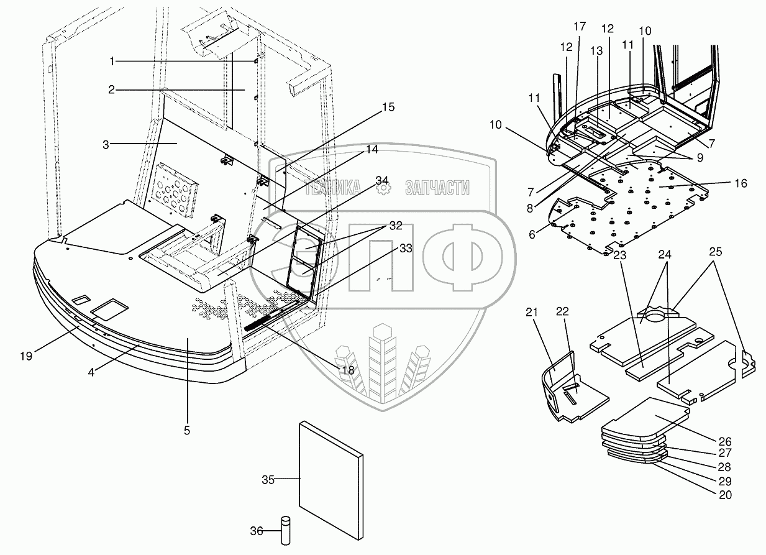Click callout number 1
point(112,61)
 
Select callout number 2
point(111,90)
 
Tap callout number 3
point(107,144)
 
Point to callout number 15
point(388,108)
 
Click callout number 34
point(383,180)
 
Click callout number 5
point(187,429)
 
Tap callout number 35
point(268,479)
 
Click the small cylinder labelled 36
point(286,530)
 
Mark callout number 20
point(724,495)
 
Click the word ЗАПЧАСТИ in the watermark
point(437,188)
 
